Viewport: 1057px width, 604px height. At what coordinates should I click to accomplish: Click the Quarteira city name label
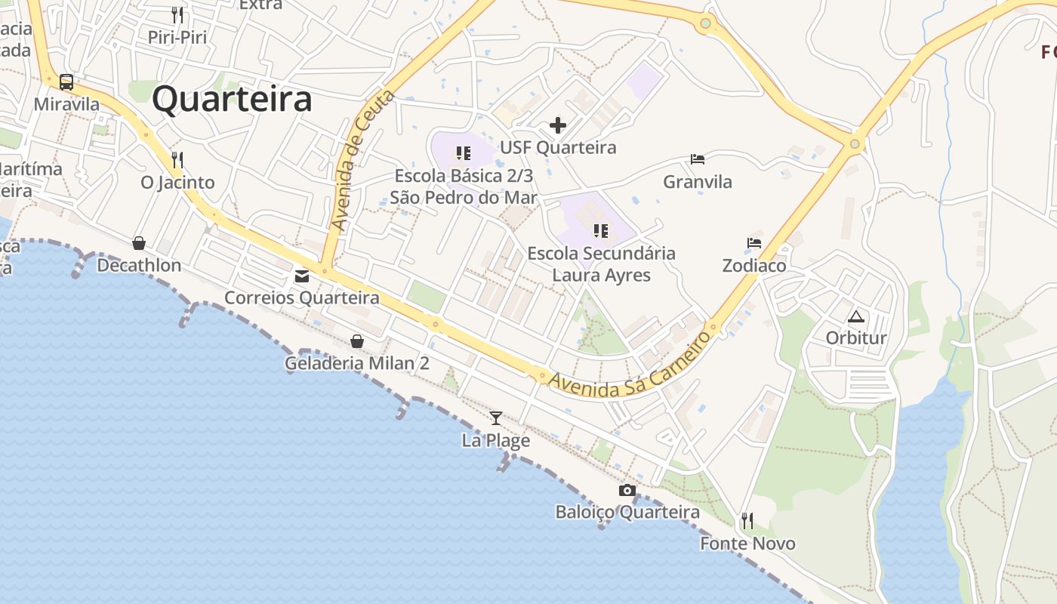tap(232, 100)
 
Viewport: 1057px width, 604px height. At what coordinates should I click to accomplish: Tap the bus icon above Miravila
tap(66, 82)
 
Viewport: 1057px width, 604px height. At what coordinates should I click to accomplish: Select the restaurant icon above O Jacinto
tap(177, 160)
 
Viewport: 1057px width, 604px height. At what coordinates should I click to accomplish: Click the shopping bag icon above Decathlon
tap(139, 243)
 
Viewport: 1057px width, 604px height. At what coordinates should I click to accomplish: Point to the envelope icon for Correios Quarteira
tap(302, 276)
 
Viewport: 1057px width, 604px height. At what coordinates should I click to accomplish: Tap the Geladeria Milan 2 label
tap(356, 363)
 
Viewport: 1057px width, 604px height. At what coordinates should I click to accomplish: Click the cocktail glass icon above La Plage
tap(496, 418)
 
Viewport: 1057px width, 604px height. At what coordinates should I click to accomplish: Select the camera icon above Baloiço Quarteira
tap(627, 491)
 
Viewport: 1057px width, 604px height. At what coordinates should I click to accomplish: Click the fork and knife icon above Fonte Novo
tap(747, 521)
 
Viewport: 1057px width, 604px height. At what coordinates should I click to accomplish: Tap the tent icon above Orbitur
tap(855, 316)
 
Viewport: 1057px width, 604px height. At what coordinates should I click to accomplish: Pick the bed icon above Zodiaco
tap(753, 243)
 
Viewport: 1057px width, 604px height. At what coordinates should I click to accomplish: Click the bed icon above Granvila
tap(698, 159)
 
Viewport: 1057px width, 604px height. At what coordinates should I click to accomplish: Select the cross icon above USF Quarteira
tap(558, 125)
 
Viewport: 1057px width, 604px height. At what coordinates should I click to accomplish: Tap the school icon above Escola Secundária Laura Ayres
tap(601, 230)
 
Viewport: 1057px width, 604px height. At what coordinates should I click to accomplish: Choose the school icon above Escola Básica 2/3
tap(464, 154)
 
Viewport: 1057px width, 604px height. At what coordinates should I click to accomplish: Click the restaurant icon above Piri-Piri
tap(177, 15)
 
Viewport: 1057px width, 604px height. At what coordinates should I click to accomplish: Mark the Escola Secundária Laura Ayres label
tap(601, 263)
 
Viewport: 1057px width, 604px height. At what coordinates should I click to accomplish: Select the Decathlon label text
tap(139, 266)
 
